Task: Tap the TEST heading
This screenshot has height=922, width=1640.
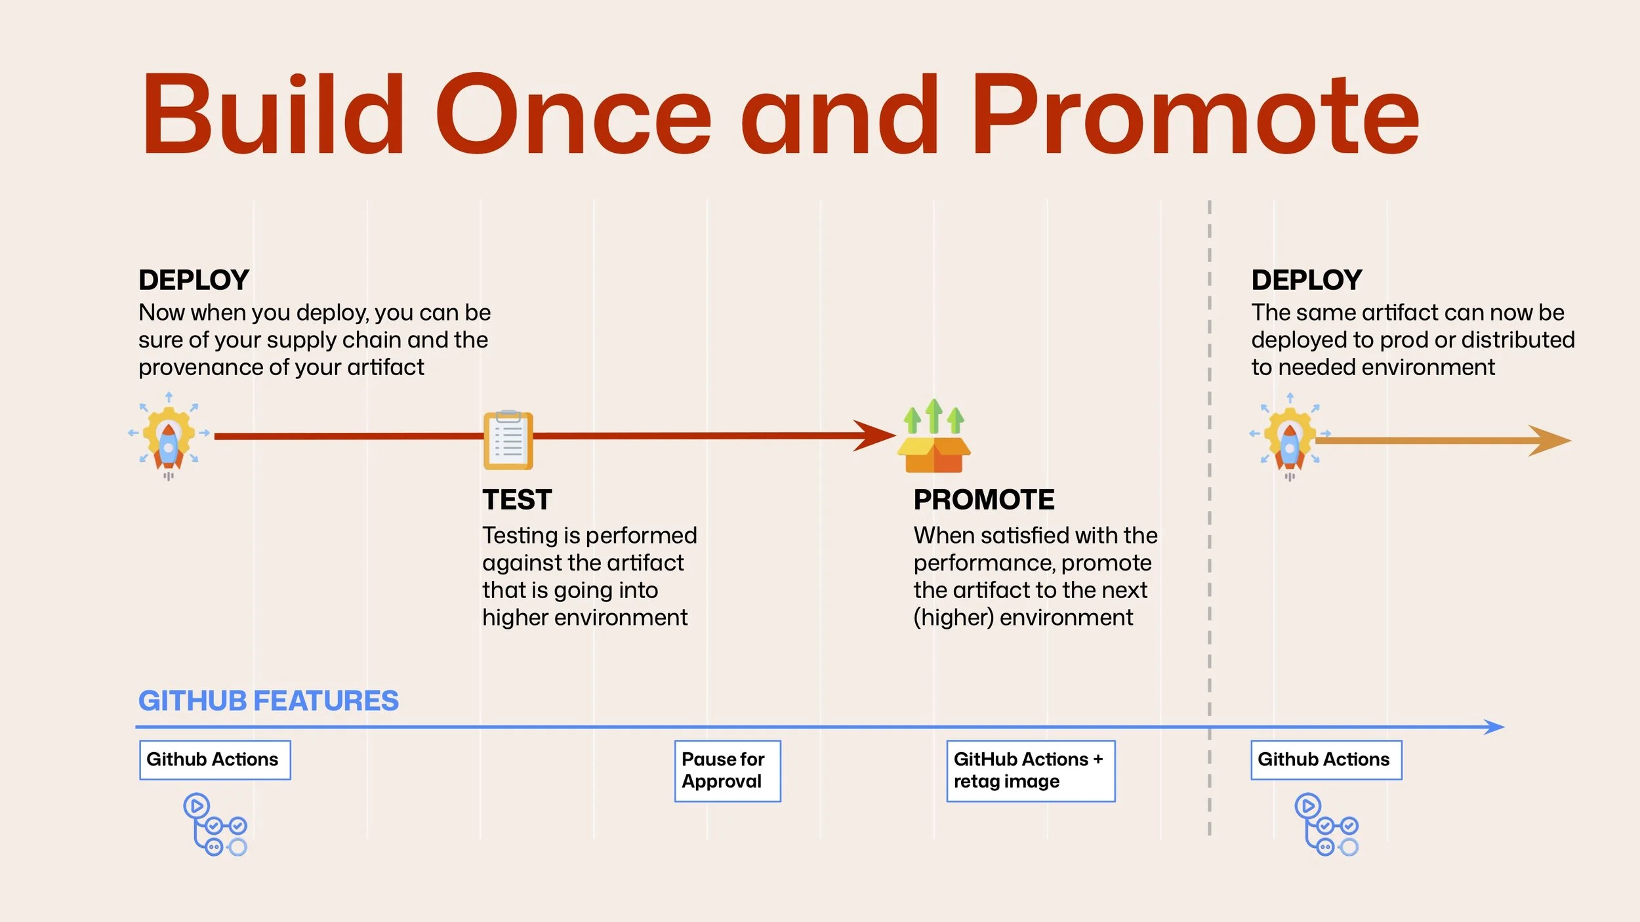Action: [517, 500]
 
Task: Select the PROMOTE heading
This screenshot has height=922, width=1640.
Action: [983, 500]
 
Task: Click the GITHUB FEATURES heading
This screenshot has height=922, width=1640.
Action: [268, 701]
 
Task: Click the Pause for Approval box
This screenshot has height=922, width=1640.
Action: [727, 771]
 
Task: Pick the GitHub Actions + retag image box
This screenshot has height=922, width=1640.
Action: [1030, 771]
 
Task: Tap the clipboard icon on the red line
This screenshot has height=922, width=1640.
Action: [508, 440]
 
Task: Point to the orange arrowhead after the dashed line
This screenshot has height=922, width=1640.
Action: [1551, 441]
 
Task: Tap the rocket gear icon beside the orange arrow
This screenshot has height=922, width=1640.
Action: [1290, 437]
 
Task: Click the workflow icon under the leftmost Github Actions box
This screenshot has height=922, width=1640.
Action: [215, 824]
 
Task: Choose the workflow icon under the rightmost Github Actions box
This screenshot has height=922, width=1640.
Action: [1326, 824]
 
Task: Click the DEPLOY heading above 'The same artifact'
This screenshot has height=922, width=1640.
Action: [1306, 280]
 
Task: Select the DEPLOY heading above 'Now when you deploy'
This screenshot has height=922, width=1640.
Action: [194, 280]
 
